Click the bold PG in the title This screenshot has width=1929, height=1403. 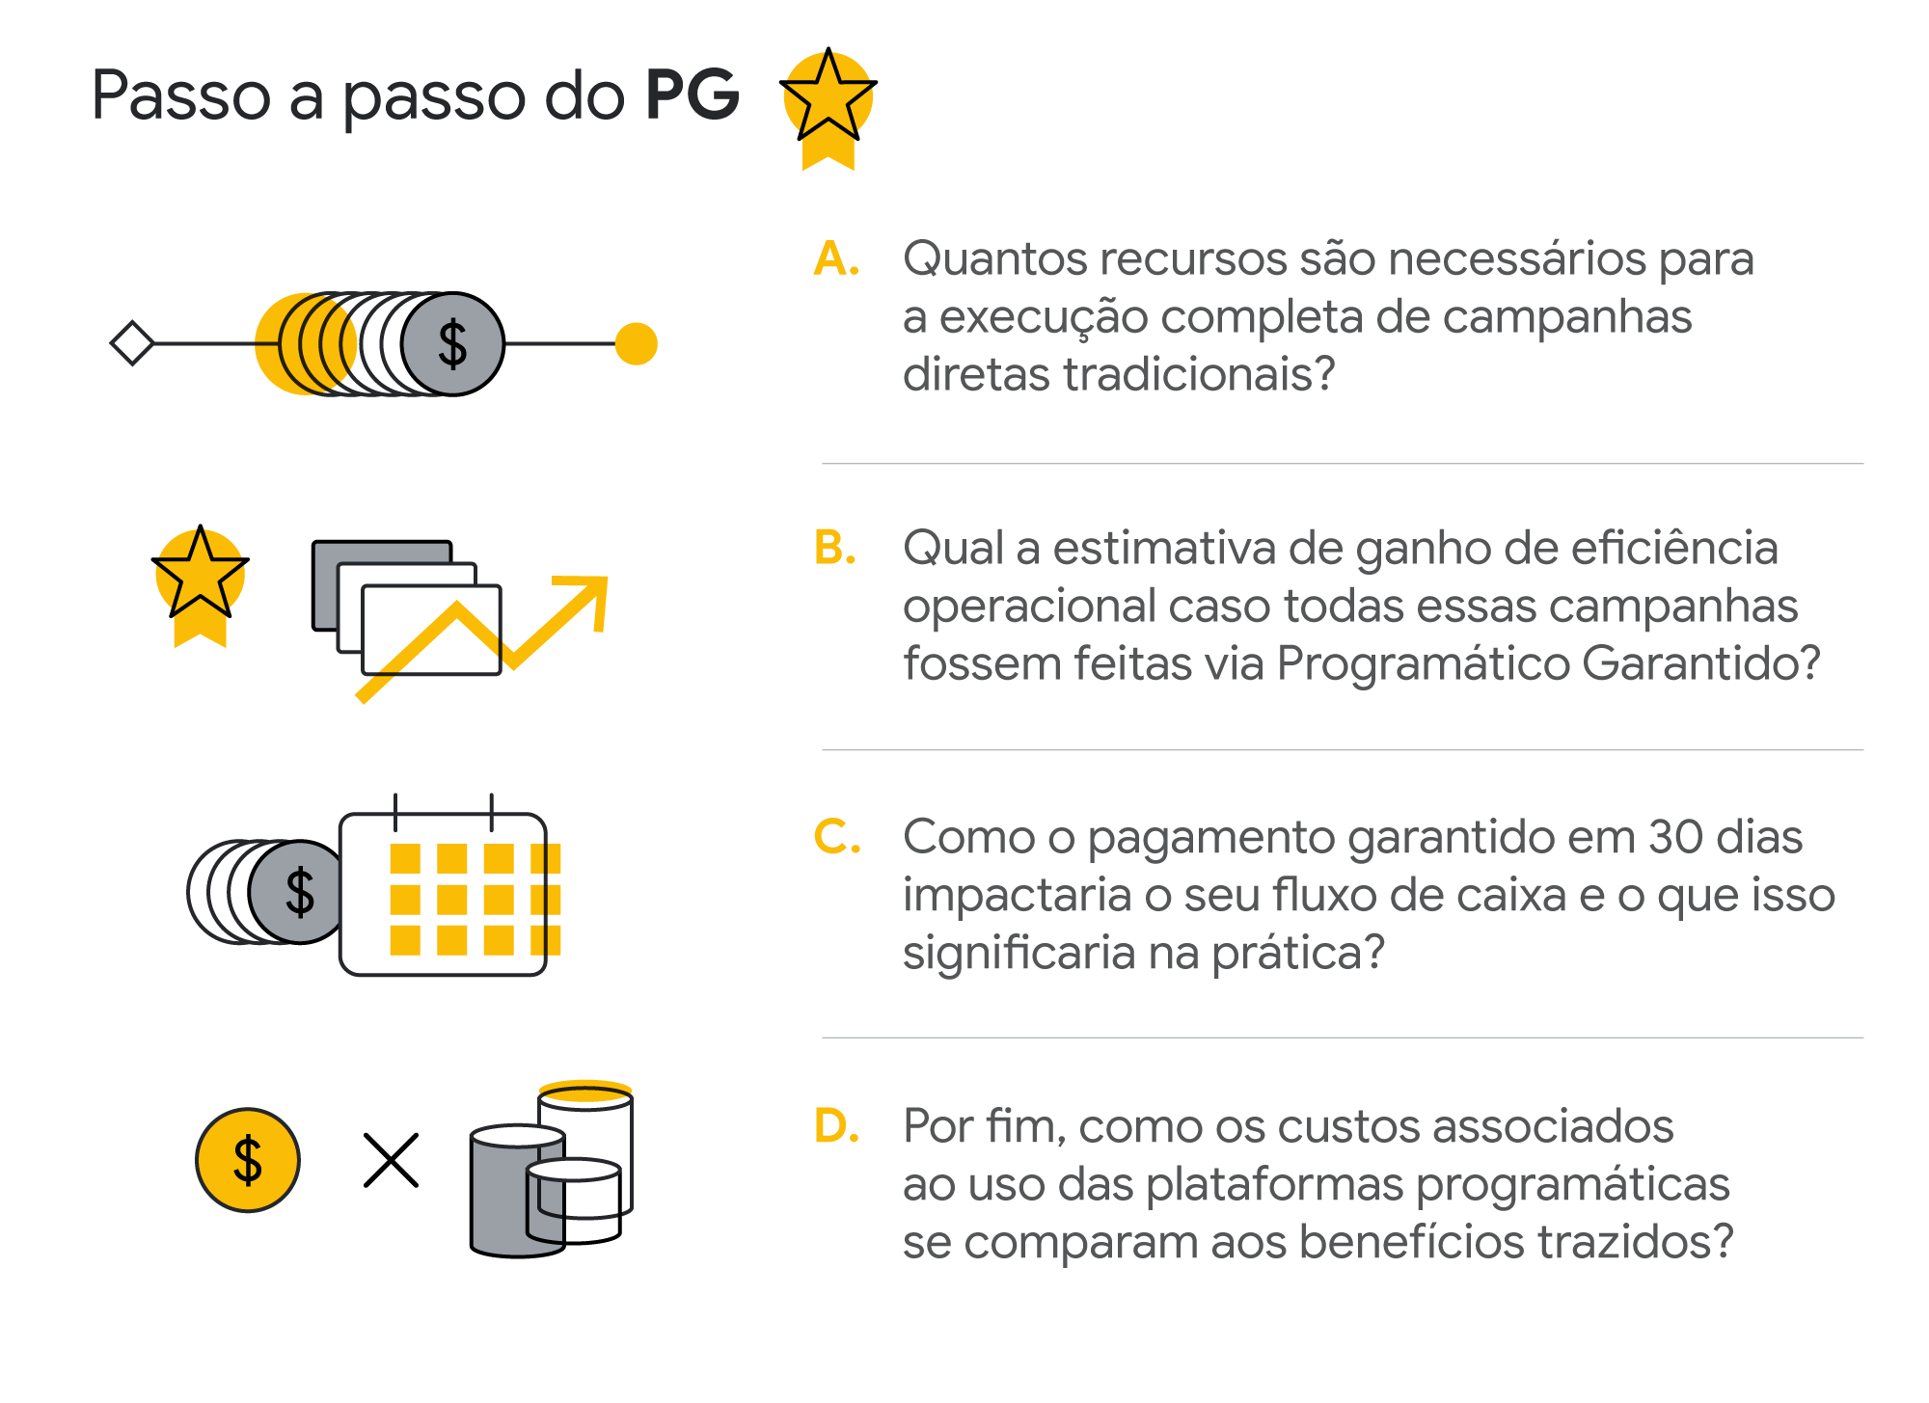692,95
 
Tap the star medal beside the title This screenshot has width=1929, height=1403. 828,105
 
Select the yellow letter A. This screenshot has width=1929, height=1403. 835,259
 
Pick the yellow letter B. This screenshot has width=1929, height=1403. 834,548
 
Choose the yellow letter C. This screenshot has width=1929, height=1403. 836,837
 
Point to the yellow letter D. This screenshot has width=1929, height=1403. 836,1125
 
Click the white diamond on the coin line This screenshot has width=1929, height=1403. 132,343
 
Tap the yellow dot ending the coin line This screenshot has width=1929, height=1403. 636,343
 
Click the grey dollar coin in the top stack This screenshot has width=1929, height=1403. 452,344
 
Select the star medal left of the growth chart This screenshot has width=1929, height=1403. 200,583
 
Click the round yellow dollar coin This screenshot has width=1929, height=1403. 248,1160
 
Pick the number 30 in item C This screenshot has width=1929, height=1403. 1676,837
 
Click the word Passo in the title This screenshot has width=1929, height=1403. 181,95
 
